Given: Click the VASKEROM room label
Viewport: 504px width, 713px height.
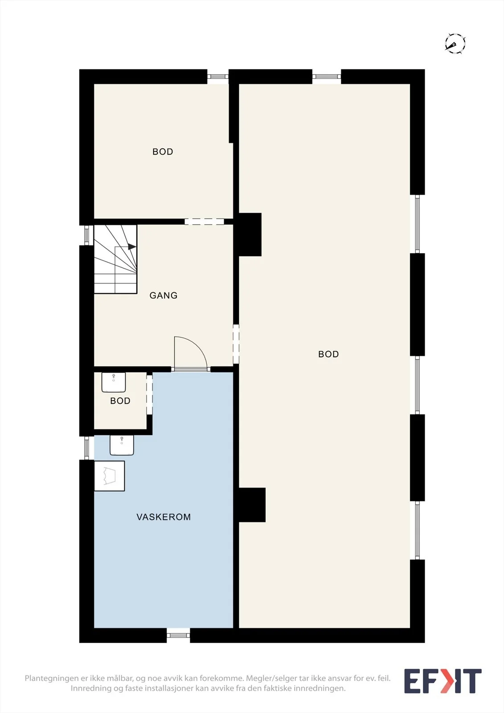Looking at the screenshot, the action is click(164, 517).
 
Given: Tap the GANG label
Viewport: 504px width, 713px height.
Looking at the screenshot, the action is click(164, 295).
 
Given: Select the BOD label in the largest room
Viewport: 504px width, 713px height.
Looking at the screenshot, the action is click(328, 354).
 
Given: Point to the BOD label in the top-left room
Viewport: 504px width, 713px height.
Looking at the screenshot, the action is click(163, 152).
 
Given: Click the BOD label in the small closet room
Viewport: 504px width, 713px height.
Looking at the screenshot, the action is click(120, 401).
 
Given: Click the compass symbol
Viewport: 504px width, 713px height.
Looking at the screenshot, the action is click(455, 43).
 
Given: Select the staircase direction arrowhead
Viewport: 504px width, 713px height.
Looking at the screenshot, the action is click(132, 247).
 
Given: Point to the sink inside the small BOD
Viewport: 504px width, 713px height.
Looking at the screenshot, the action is click(114, 382).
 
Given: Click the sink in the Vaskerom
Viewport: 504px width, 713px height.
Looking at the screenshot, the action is click(122, 445).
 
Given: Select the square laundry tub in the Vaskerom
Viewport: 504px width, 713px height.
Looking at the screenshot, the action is click(109, 476).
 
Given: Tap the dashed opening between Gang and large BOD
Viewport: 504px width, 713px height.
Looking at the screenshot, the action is click(236, 344).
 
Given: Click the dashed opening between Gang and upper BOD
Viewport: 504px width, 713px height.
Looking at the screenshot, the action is click(205, 222).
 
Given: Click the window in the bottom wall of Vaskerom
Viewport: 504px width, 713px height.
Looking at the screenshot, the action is click(178, 635).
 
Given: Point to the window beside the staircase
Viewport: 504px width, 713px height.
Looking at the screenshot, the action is click(86, 235).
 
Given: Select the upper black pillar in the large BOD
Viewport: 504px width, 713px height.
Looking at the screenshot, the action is click(250, 234).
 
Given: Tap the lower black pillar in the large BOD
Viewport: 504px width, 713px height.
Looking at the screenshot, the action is click(252, 505).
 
